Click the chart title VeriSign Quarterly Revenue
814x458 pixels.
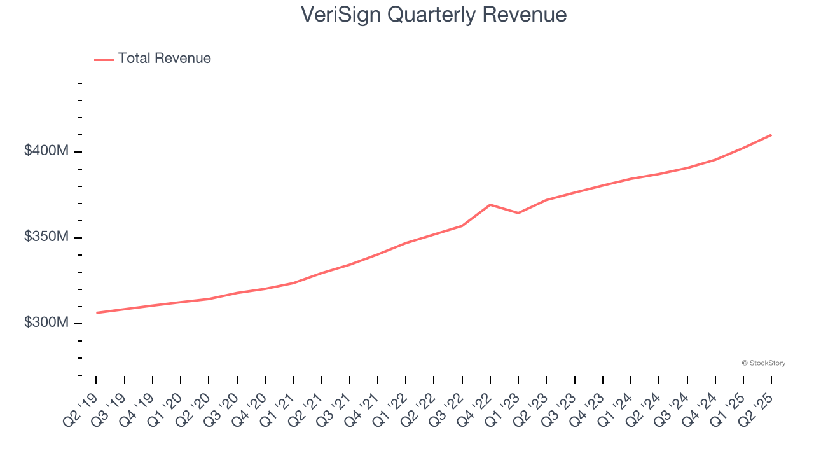(x=434, y=14)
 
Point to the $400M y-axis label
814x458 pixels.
(x=46, y=151)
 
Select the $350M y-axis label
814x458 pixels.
(x=46, y=237)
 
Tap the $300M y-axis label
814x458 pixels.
(x=46, y=323)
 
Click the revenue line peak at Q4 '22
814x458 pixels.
(x=490, y=205)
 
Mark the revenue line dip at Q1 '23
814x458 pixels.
(x=518, y=212)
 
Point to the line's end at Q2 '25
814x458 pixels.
(x=771, y=135)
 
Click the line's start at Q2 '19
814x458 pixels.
(x=97, y=312)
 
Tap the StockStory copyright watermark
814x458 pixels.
(x=763, y=363)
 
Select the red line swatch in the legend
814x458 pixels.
(x=104, y=59)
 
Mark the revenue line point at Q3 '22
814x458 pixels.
(x=462, y=226)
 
